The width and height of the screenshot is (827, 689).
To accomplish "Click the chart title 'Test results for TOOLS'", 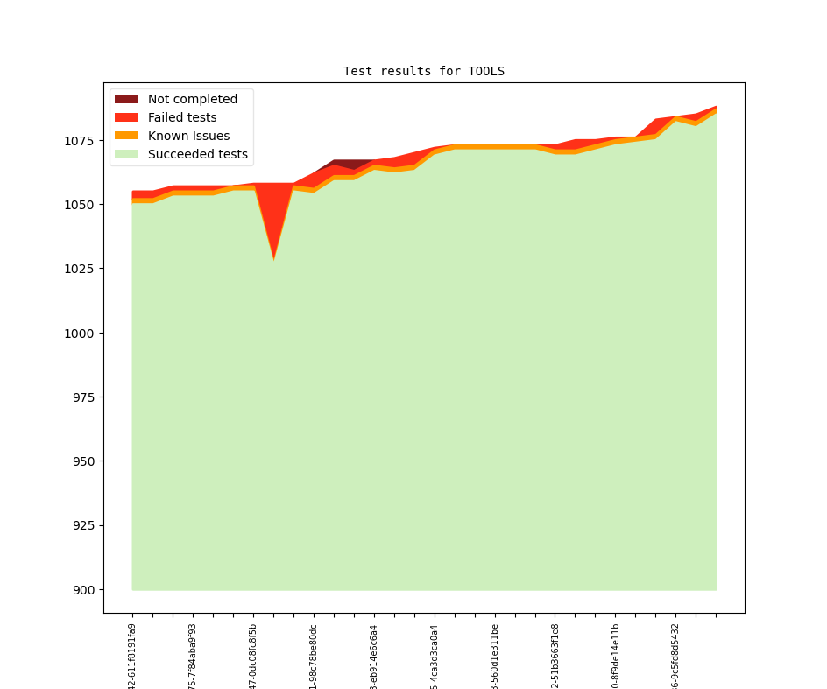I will click(424, 71).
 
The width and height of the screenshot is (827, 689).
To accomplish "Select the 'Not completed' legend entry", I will click(192, 99).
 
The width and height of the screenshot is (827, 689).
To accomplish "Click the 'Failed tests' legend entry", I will click(181, 117).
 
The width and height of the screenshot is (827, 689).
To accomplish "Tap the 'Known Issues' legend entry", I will click(188, 136).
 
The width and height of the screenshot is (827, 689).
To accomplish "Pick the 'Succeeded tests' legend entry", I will click(197, 154).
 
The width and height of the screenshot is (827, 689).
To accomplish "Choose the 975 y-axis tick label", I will click(86, 397).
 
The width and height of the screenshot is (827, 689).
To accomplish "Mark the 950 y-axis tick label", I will click(86, 461).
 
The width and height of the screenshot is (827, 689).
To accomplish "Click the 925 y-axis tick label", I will click(86, 525).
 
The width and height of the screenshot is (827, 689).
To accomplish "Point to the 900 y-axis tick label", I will click(86, 589).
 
